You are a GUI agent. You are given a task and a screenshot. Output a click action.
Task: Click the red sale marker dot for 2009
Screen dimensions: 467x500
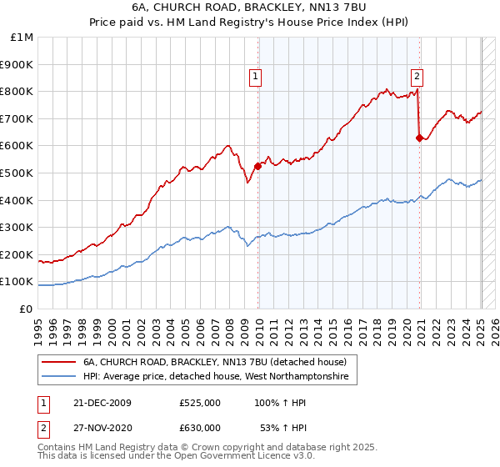257,166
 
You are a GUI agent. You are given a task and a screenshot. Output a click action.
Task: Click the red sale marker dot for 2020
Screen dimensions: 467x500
419,138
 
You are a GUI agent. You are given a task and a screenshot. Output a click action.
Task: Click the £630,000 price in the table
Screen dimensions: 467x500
200,427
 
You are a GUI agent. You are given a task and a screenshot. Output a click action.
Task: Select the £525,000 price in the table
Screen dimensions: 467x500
200,403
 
